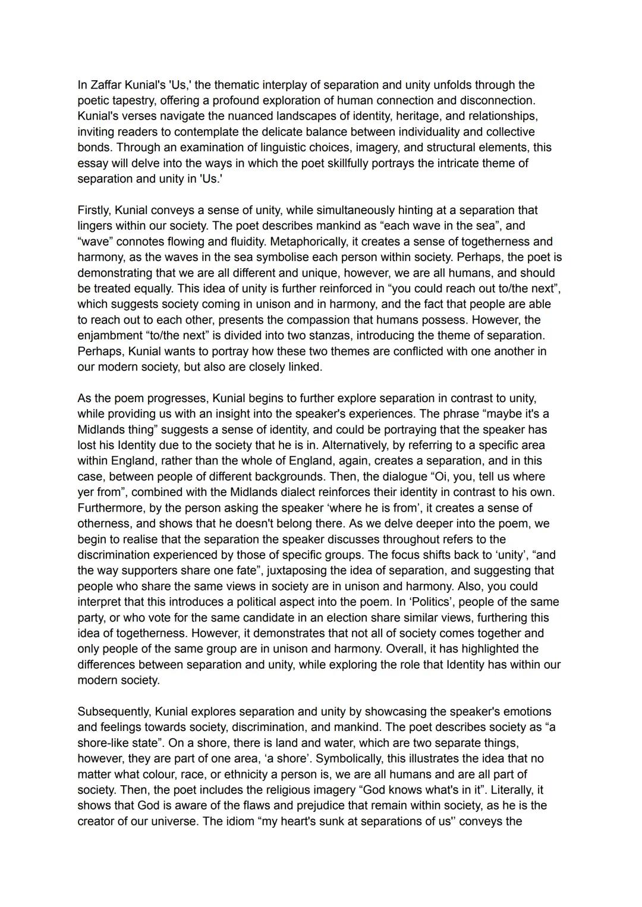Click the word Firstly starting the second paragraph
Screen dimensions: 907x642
94,210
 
